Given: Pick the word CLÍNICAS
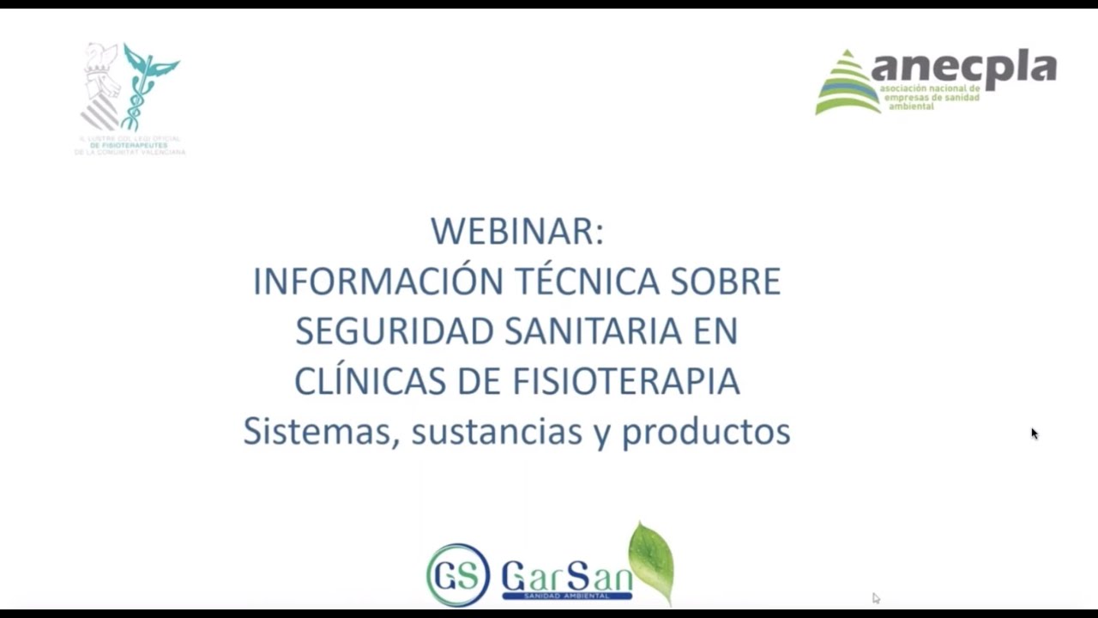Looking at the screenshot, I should pyautogui.click(x=370, y=381).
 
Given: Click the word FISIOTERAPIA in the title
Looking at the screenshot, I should pyautogui.click(x=626, y=381).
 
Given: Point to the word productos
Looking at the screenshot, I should pyautogui.click(x=705, y=431).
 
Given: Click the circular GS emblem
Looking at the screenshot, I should pyautogui.click(x=458, y=574).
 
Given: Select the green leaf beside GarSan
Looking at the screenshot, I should pyautogui.click(x=651, y=560).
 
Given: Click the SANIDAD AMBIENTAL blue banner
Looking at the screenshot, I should pyautogui.click(x=566, y=595).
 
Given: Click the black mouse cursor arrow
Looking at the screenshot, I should pyautogui.click(x=1035, y=433).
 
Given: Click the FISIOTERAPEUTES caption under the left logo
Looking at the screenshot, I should pyautogui.click(x=130, y=145).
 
